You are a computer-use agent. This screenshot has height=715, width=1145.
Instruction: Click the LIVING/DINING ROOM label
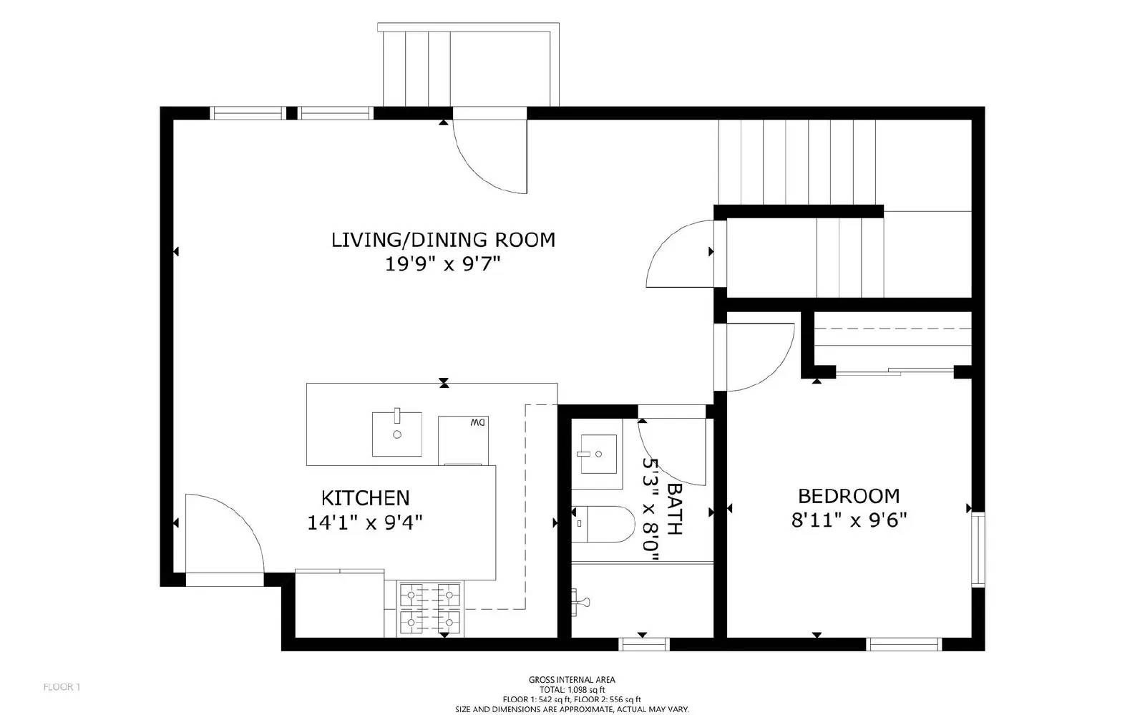pos(443,239)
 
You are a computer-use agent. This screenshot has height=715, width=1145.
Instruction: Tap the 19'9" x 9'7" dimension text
pos(443,265)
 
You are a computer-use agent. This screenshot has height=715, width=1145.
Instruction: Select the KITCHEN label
pos(365,497)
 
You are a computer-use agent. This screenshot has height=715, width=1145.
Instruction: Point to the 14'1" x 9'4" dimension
pos(365,523)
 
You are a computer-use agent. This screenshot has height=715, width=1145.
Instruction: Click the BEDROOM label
pos(849,496)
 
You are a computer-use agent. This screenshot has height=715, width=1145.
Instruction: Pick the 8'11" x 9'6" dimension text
pos(849,521)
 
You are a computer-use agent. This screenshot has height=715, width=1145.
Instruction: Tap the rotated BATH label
pos(674,508)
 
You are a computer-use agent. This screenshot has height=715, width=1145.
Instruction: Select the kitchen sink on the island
pos(396,434)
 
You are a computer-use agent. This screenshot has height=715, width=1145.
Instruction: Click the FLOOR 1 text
pos(62,688)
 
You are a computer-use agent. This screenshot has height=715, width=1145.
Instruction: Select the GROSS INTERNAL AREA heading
pos(572,680)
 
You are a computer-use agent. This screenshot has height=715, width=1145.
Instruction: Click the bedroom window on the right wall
pos(978,550)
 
